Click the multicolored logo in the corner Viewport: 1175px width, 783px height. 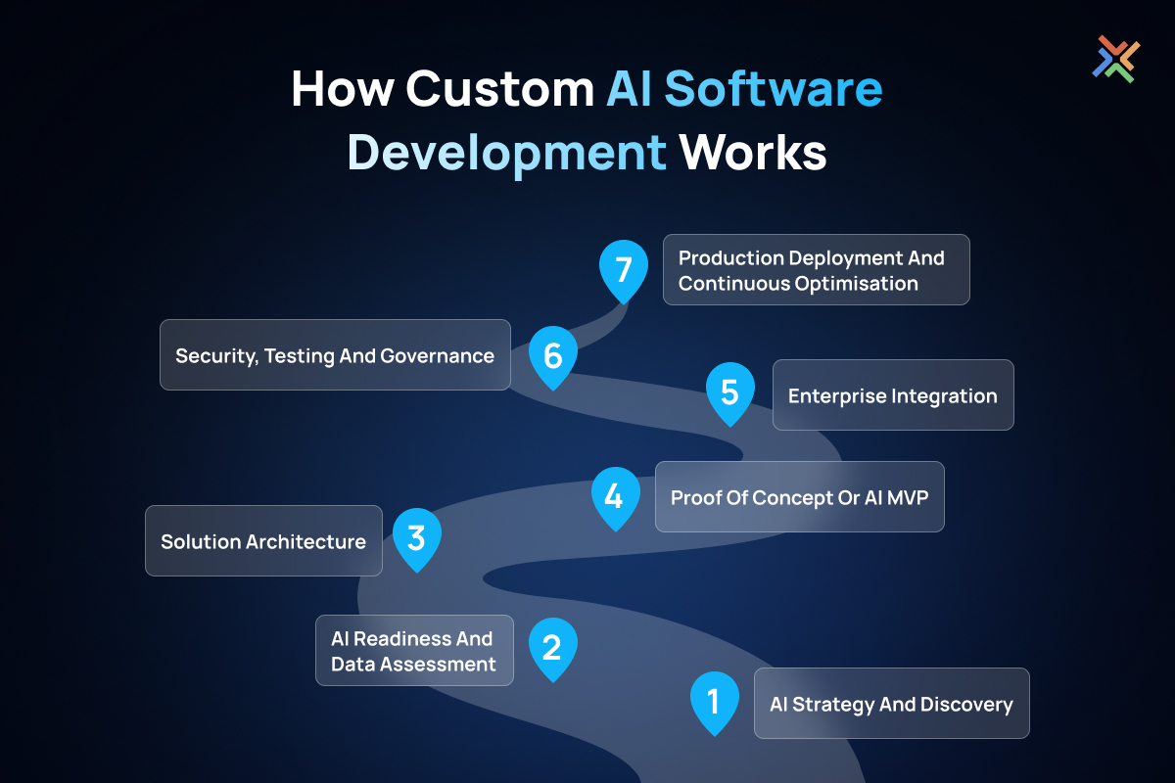click(1115, 59)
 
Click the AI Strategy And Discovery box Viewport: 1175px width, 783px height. click(892, 704)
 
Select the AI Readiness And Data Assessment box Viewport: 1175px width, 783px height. click(414, 650)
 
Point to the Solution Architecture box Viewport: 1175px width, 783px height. click(263, 540)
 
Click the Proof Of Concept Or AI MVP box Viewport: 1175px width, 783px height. click(800, 496)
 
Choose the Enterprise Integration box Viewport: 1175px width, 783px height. click(893, 394)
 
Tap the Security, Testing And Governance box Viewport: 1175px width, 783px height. click(335, 354)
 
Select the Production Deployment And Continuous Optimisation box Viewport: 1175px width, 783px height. click(817, 269)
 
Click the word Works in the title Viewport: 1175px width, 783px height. click(753, 152)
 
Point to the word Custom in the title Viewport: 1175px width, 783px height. click(500, 89)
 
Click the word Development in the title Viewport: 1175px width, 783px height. click(507, 154)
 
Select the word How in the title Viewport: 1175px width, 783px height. click(343, 89)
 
